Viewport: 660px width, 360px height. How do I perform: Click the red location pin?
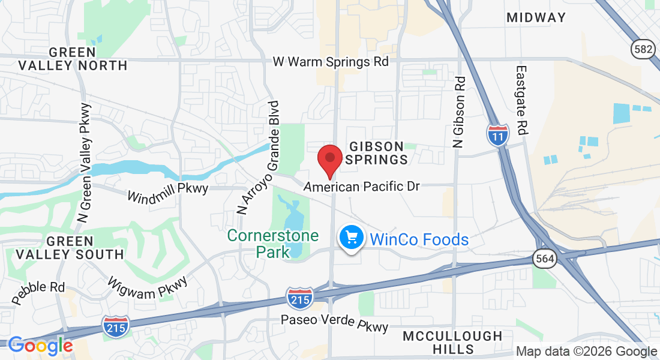[x=329, y=158]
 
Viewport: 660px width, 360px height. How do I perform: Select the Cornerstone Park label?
[x=273, y=244]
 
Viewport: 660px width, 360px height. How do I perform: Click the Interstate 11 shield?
[x=497, y=134]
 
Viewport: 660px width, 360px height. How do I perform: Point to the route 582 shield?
[x=642, y=49]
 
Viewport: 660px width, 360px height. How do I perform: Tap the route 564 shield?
[x=545, y=259]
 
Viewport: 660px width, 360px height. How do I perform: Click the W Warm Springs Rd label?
[x=331, y=61]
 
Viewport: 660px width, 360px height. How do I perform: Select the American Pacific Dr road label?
[x=362, y=187]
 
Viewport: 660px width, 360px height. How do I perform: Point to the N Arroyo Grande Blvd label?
[x=259, y=158]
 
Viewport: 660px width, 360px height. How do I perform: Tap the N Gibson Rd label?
[x=458, y=112]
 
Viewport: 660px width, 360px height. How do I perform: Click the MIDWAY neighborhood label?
[x=536, y=17]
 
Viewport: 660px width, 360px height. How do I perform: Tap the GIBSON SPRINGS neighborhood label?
[x=378, y=153]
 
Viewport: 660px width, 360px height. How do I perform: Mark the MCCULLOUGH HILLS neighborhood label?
[x=452, y=342]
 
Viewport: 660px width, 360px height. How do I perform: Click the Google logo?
[x=40, y=346]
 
